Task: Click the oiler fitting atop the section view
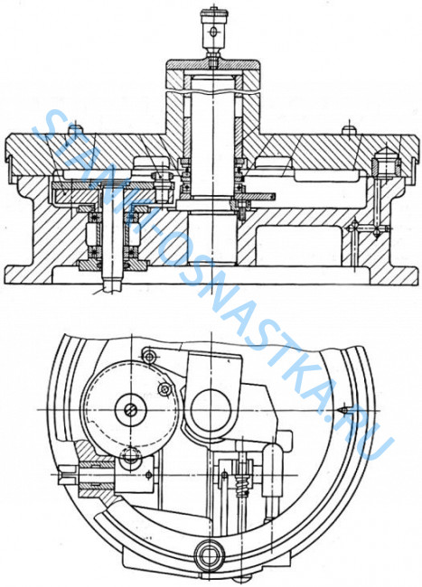[212, 32]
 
